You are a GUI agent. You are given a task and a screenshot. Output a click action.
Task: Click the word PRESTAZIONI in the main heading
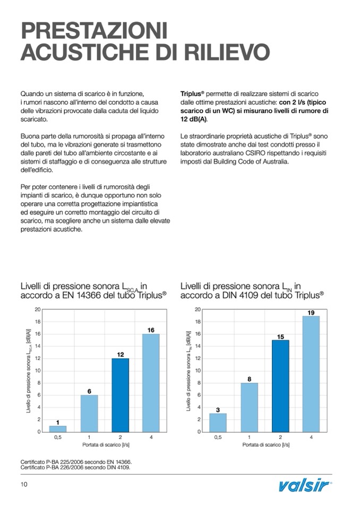tap(93, 30)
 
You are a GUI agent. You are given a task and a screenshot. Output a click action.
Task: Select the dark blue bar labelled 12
tap(120, 395)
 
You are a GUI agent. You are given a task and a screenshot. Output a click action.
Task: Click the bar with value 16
tap(151, 383)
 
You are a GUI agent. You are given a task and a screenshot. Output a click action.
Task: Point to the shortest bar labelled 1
tap(58, 428)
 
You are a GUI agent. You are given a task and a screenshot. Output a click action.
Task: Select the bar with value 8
tap(249, 407)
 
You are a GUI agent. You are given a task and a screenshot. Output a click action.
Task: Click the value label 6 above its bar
tap(89, 391)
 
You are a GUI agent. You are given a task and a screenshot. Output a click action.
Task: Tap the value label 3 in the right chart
tap(218, 410)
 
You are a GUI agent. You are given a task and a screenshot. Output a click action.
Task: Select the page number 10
tap(24, 484)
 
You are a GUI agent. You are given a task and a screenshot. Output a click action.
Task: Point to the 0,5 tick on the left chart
tap(58, 437)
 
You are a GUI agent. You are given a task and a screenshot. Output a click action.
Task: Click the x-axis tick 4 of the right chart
tap(311, 437)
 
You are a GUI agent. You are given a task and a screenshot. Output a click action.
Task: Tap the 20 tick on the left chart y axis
tap(38, 309)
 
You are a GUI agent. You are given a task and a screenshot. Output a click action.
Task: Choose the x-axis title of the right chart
tap(264, 445)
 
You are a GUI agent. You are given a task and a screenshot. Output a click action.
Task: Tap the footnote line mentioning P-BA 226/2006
tap(75, 468)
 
